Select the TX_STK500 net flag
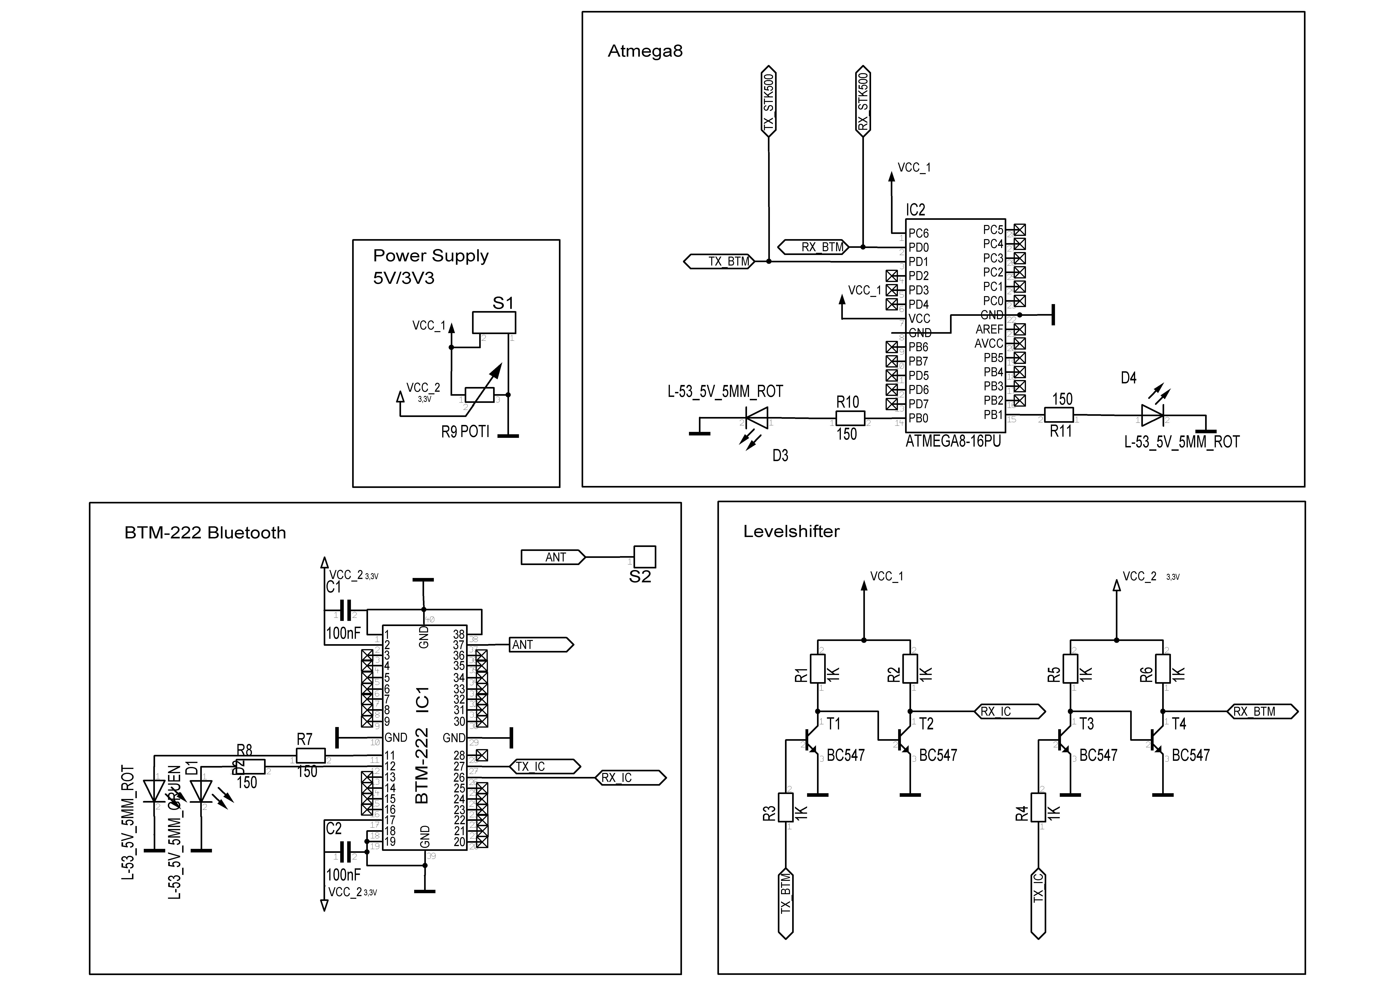pos(769,101)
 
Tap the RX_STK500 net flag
pos(863,101)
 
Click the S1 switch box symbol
pos(494,322)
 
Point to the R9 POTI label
pos(465,432)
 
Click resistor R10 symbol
pos(850,418)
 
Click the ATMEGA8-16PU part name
pos(953,441)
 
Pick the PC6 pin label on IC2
pos(919,233)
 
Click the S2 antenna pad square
pos(645,557)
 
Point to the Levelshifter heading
pos(791,532)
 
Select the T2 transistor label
pos(926,724)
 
